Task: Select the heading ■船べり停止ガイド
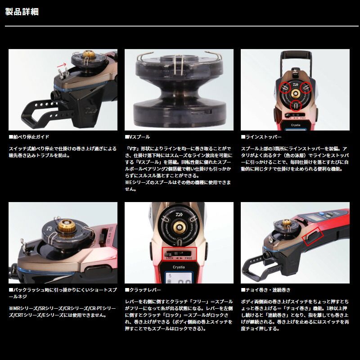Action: click(29, 136)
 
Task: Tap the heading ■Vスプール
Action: click(137, 136)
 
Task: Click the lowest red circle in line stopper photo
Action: click(295, 106)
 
